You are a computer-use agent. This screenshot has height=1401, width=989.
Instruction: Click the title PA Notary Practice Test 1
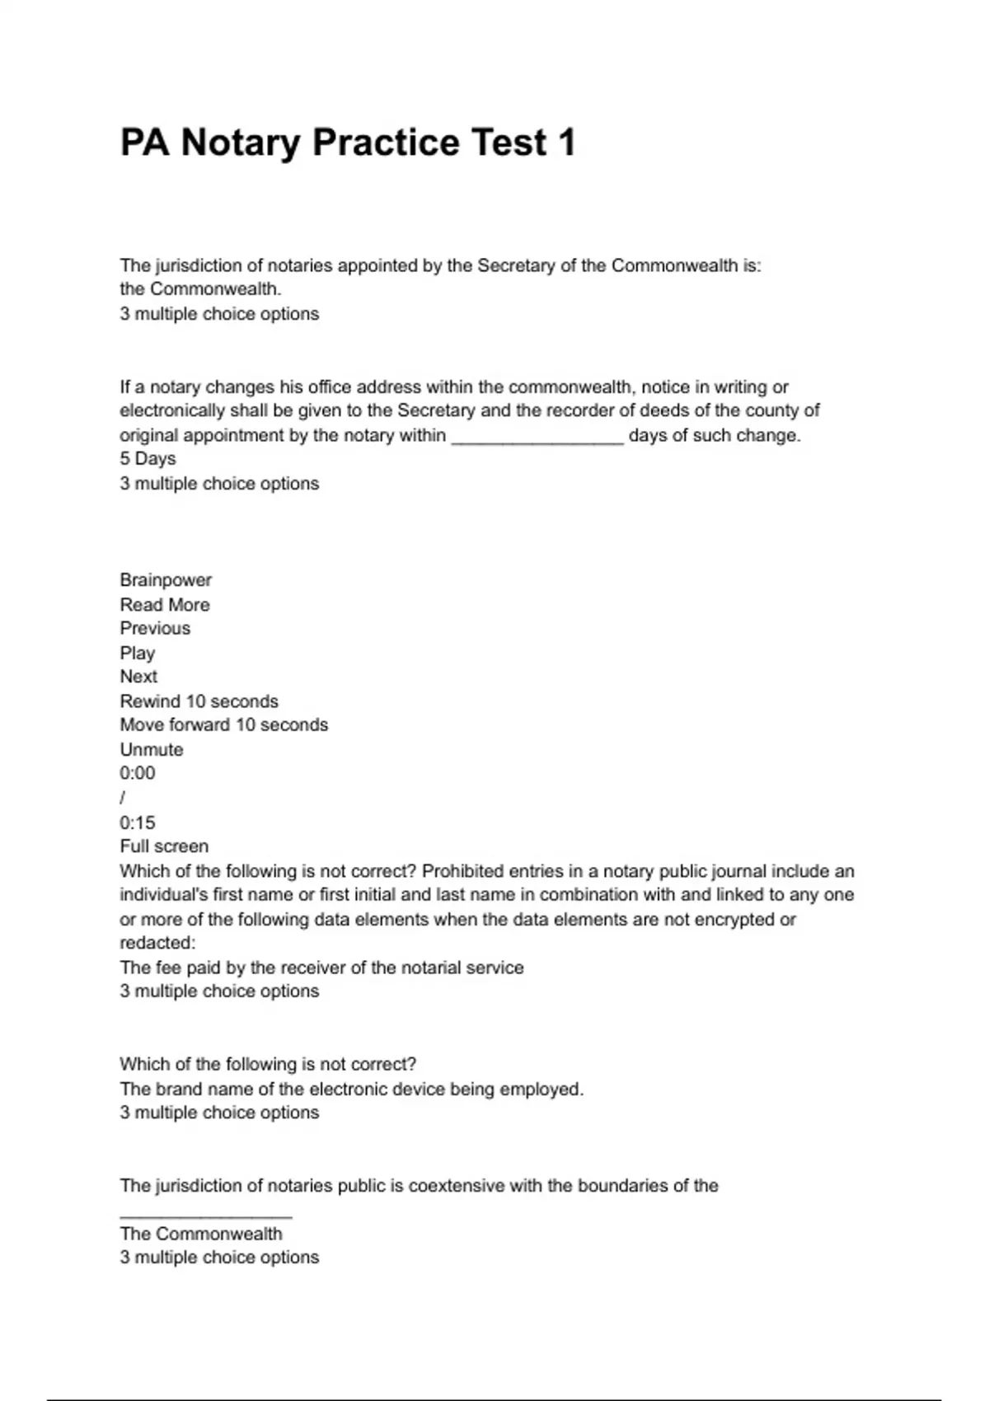pos(347,143)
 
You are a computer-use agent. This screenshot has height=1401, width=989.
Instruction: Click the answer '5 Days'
pos(148,459)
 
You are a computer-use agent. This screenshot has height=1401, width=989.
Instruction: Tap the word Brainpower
pos(166,580)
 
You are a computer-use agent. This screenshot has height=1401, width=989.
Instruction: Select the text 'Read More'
pos(165,605)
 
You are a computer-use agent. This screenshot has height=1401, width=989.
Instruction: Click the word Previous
pos(155,629)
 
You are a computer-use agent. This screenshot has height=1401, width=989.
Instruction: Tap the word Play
pos(137,654)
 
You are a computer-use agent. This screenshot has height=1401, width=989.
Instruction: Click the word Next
pos(138,677)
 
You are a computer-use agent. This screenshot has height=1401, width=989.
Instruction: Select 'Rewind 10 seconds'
pos(199,701)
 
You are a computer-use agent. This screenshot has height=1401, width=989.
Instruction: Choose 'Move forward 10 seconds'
pos(223,725)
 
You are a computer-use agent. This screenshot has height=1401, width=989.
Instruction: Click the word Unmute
pos(152,750)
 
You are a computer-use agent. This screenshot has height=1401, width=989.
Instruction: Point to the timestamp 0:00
pos(137,773)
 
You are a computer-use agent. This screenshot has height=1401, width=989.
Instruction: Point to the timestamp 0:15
pos(137,822)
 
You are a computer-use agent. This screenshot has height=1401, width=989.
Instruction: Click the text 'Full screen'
pos(164,846)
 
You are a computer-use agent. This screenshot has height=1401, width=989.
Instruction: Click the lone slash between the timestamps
pos(123,798)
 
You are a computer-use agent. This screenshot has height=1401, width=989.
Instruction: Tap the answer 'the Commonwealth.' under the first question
pos(200,289)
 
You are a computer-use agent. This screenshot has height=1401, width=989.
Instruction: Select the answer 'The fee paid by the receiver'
pos(321,968)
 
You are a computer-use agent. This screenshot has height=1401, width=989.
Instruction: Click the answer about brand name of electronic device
pos(351,1089)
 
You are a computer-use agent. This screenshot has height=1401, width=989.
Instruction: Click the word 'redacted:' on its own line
pos(157,943)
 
